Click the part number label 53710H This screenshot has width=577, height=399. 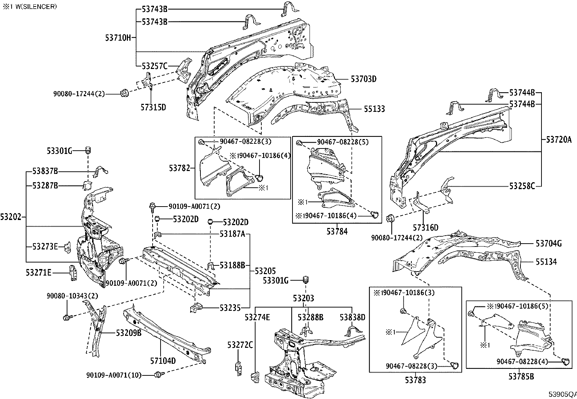(x=118, y=37)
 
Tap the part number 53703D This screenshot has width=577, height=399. (x=364, y=79)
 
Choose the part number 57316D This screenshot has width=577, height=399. (x=426, y=228)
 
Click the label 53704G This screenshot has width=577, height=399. (x=549, y=244)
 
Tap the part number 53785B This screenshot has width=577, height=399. (x=521, y=376)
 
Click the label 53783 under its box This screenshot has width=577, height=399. (x=415, y=380)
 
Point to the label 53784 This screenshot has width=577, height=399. (x=337, y=231)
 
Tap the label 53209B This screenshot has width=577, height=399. (x=129, y=332)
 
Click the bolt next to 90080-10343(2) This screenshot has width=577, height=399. (x=67, y=318)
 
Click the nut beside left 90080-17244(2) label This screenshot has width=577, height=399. (x=123, y=94)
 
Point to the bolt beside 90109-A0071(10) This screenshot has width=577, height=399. (x=158, y=374)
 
